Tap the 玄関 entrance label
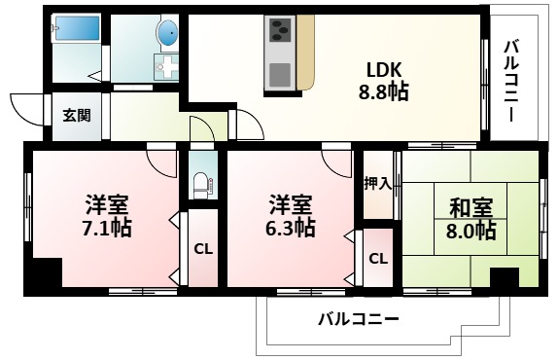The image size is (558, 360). pyautogui.click(x=77, y=115)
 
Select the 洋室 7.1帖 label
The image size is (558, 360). pyautogui.click(x=107, y=217)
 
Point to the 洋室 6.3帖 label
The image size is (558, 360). pyautogui.click(x=291, y=217)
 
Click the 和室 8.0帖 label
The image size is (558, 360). pyautogui.click(x=472, y=219)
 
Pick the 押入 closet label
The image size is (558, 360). pyautogui.click(x=377, y=183)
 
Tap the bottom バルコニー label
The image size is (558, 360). pyautogui.click(x=359, y=319)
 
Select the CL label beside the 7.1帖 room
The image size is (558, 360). pyautogui.click(x=202, y=248)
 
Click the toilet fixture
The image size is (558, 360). pyautogui.click(x=202, y=183)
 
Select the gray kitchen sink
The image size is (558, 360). pyautogui.click(x=280, y=73)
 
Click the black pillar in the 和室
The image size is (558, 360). pyautogui.click(x=504, y=277)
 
